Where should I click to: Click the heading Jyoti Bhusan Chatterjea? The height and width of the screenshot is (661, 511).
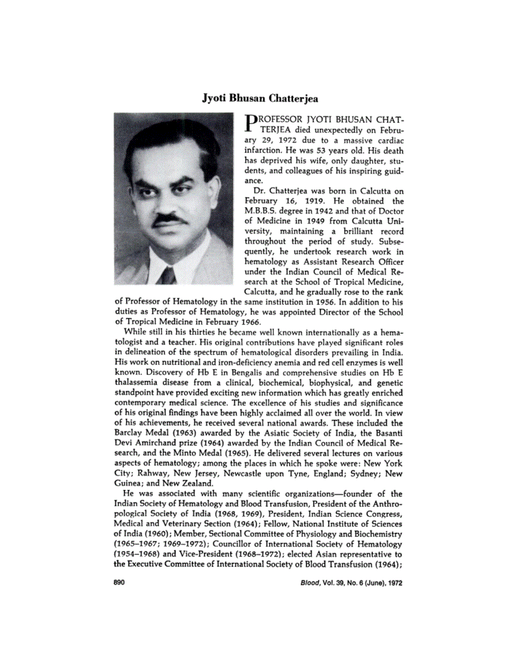tap(259, 98)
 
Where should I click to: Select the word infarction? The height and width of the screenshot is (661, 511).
tap(264, 151)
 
